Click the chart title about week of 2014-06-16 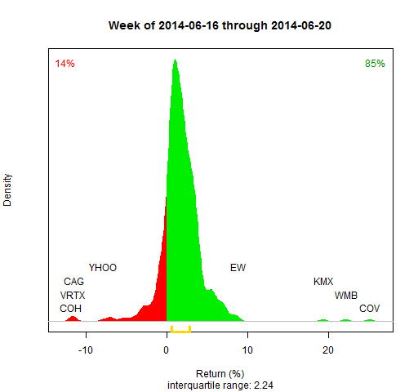(220, 25)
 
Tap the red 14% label (64, 64)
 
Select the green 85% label (375, 64)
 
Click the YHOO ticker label (103, 268)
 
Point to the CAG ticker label (73, 282)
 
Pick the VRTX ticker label (73, 296)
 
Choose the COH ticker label (70, 309)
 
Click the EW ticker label (238, 268)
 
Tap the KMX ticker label (323, 282)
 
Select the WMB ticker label (346, 296)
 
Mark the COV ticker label (369, 309)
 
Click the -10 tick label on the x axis (86, 350)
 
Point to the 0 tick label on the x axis (167, 350)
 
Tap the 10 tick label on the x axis (247, 350)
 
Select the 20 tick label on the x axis (328, 350)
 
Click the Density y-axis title (7, 189)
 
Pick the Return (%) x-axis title (220, 374)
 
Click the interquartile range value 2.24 (264, 385)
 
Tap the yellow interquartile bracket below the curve (180, 332)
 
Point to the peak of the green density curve (175, 59)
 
